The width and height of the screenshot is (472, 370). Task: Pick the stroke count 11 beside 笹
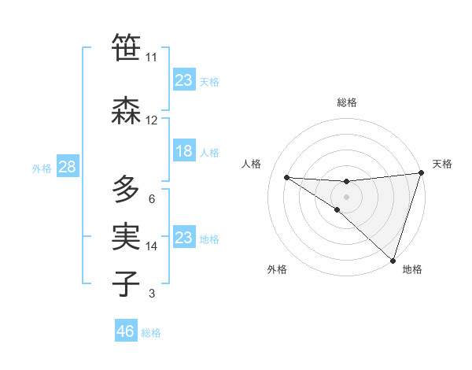151,57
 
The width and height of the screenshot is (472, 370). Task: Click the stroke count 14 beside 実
152,246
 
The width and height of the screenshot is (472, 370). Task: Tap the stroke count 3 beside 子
152,294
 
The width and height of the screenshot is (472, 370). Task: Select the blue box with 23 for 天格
184,80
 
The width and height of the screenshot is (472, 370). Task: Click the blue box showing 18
184,151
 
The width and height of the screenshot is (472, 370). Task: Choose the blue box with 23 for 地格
184,237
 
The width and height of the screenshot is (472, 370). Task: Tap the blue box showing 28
67,167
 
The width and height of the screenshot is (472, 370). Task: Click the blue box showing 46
126,331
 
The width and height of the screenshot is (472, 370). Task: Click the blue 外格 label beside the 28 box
42,168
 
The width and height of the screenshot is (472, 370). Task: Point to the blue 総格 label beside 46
152,333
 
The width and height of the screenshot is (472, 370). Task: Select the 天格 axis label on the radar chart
442,164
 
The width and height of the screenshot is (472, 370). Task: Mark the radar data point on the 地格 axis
393,260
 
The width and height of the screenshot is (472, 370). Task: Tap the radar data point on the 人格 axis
287,177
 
